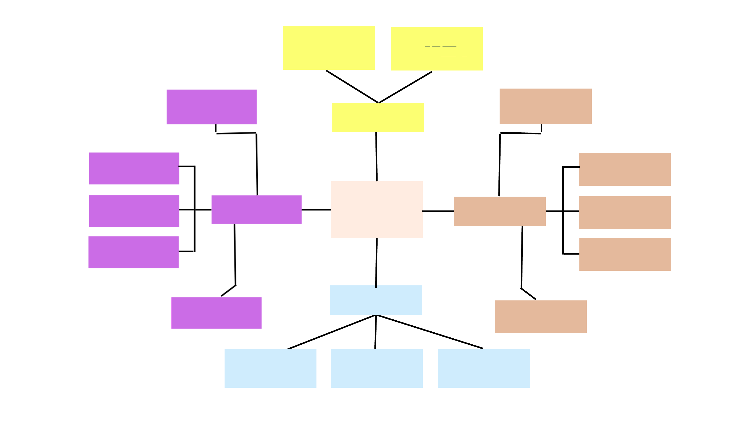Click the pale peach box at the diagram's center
(377, 209)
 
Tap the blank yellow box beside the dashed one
(329, 48)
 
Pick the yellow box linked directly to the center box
(378, 117)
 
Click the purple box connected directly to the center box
(256, 209)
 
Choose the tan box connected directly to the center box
(500, 211)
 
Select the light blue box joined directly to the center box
(376, 300)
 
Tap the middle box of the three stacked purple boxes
(134, 211)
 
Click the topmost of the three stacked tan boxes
(625, 169)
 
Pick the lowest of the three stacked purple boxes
(133, 252)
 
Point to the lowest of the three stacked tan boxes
(625, 254)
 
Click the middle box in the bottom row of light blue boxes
(377, 368)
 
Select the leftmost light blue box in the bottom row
(270, 368)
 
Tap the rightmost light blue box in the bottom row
(484, 368)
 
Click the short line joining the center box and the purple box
(316, 210)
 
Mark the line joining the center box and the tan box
(438, 211)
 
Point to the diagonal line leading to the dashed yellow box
(406, 87)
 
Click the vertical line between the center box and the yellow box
(376, 156)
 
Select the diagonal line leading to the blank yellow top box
(352, 86)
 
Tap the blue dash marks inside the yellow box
(441, 46)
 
